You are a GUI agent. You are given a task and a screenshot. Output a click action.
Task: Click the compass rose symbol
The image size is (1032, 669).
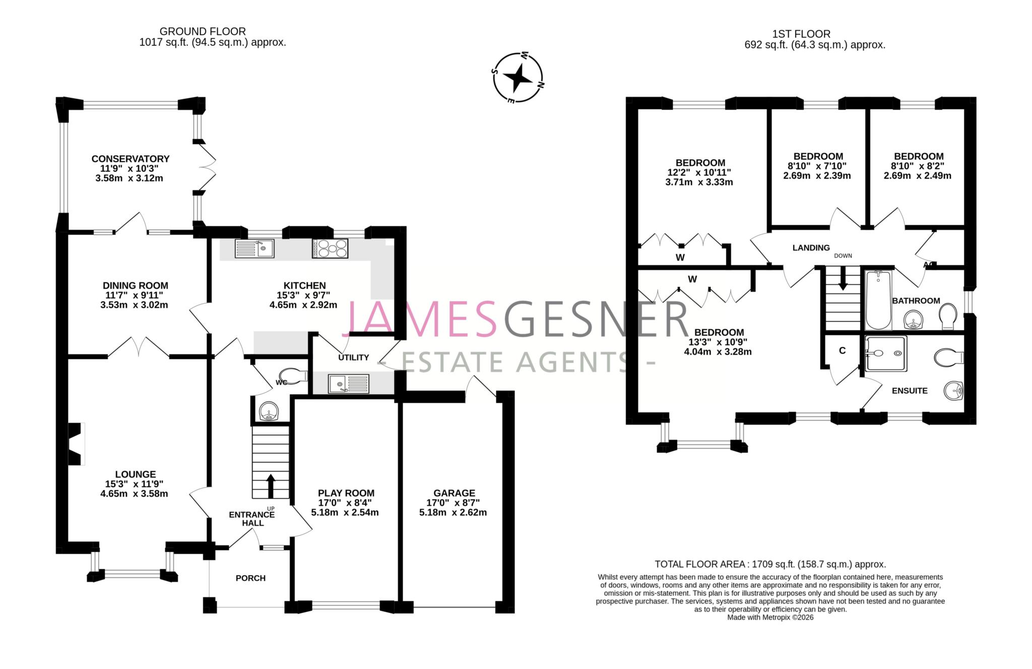[518, 78]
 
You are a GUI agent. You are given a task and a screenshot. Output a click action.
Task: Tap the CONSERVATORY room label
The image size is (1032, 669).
[130, 159]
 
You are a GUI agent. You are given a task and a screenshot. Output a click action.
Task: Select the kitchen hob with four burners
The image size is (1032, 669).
[331, 249]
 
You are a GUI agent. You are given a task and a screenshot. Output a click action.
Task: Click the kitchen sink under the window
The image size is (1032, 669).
[254, 249]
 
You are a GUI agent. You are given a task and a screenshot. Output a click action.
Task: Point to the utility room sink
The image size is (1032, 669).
[348, 384]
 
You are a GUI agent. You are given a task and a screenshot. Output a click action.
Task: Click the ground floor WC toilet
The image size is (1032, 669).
[298, 376]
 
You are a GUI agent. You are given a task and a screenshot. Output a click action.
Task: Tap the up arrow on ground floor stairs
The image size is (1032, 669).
[271, 485]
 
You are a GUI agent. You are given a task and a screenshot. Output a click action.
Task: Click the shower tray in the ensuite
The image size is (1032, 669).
[885, 353]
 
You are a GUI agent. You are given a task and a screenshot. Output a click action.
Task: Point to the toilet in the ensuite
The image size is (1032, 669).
[948, 358]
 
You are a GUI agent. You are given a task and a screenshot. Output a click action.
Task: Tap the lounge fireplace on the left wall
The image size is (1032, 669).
[75, 444]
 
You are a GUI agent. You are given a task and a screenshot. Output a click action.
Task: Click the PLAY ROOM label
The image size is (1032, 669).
[346, 493]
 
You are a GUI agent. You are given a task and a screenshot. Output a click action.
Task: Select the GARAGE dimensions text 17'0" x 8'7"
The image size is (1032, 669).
[454, 503]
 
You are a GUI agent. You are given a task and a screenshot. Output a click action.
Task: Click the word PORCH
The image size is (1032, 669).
[250, 578]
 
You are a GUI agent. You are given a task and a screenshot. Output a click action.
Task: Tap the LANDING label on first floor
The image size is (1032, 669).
[811, 248]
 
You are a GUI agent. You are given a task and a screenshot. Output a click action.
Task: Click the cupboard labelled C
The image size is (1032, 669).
[842, 351]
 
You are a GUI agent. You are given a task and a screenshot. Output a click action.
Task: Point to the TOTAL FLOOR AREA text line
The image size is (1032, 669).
[770, 564]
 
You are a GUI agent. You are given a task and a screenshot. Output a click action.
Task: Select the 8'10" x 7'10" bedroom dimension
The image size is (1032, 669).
[817, 166]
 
